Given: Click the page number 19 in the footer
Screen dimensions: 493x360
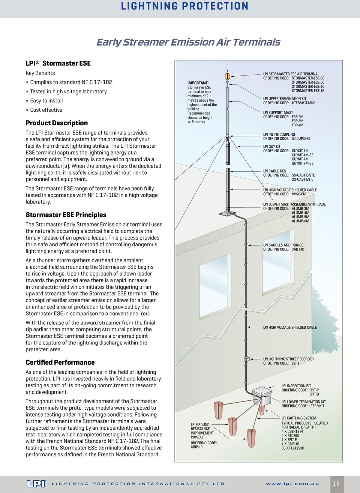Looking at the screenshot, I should (x=336, y=484).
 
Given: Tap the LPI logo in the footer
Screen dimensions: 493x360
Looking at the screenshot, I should (x=36, y=484).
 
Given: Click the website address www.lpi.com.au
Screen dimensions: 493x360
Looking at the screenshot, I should (x=292, y=484).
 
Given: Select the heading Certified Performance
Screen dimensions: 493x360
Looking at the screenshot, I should (x=60, y=363).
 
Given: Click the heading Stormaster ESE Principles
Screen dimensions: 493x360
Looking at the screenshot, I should (x=66, y=215).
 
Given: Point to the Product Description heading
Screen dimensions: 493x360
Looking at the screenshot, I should (x=57, y=123).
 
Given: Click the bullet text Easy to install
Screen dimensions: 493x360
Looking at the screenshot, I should (x=46, y=101).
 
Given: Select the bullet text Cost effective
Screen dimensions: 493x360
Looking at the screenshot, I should (x=46, y=110).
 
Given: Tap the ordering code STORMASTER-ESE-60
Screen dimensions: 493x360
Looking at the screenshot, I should (x=308, y=78).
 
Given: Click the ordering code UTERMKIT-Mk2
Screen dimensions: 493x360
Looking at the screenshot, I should (x=303, y=103).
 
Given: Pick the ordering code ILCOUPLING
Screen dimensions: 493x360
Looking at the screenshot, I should (x=301, y=139).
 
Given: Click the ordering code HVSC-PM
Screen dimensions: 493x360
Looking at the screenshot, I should (x=299, y=194).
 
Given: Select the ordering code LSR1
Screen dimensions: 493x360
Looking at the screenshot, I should (x=295, y=363).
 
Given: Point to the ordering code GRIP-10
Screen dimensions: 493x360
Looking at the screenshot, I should (x=196, y=447).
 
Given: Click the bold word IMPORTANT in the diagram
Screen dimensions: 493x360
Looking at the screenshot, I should (x=198, y=83).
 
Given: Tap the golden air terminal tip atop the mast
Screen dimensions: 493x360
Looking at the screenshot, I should (x=227, y=76).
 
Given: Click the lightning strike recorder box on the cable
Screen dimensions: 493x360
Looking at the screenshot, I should (x=247, y=359).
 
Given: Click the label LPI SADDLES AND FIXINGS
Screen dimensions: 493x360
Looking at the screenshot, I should (x=283, y=245).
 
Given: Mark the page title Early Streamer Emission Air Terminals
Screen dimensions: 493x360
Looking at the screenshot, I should (x=188, y=42).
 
